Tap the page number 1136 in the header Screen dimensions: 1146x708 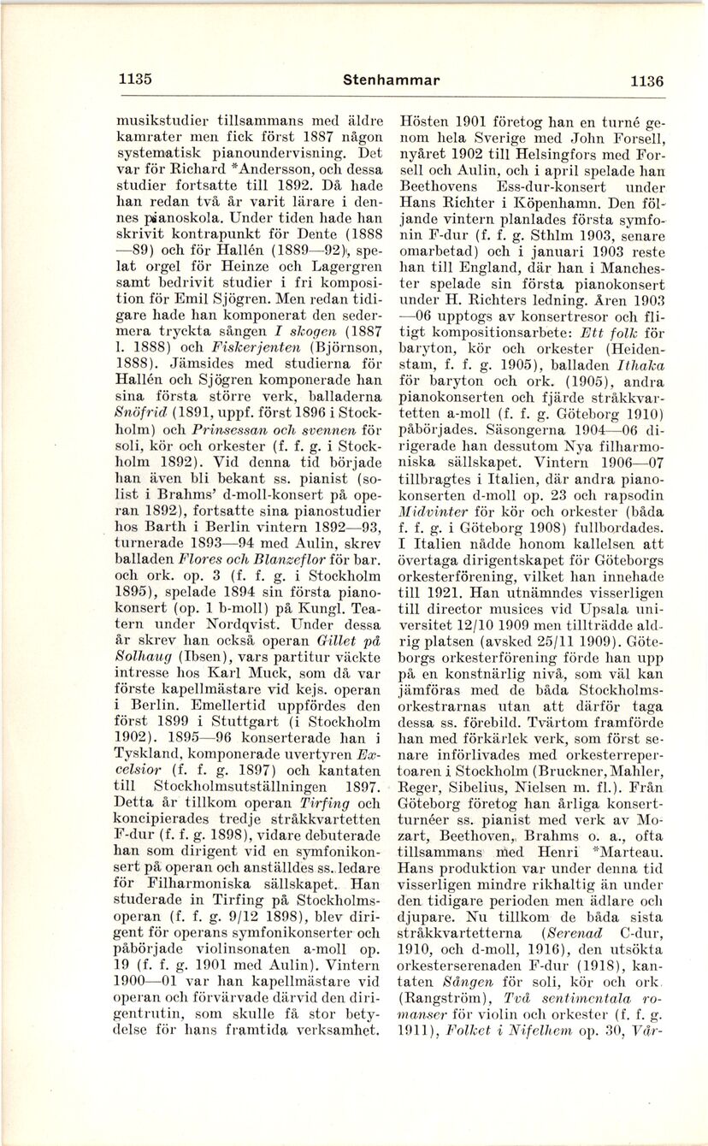coord(646,81)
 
